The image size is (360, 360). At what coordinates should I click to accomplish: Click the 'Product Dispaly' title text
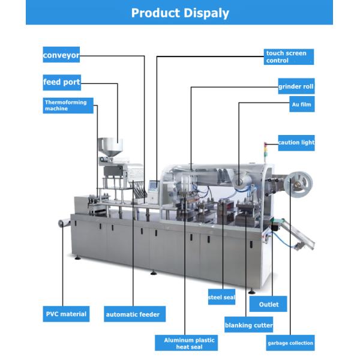click(x=180, y=13)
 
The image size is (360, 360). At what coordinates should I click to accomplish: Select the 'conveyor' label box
click(x=61, y=55)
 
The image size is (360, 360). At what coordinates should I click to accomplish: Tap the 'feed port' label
click(x=62, y=82)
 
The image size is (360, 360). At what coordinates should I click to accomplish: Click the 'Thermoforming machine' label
click(x=68, y=106)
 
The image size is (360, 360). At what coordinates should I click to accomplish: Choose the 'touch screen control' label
click(x=289, y=57)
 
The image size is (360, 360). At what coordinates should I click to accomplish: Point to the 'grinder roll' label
click(x=296, y=86)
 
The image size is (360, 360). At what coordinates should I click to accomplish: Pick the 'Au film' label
click(x=302, y=104)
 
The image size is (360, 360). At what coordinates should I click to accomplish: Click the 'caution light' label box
click(x=296, y=143)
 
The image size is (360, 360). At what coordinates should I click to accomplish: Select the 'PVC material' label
click(x=66, y=314)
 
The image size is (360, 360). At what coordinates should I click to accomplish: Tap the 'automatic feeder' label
click(x=134, y=314)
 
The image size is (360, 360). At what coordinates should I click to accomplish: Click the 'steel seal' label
click(x=221, y=297)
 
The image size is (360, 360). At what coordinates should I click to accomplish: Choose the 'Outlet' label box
click(x=268, y=304)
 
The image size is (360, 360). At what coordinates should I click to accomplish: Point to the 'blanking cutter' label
click(x=248, y=325)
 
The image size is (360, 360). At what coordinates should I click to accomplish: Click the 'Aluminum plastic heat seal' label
click(x=186, y=343)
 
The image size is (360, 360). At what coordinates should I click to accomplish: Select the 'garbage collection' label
click(x=290, y=343)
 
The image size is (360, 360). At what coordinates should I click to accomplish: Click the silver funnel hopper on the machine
click(x=110, y=148)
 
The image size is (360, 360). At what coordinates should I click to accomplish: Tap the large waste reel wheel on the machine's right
click(x=298, y=184)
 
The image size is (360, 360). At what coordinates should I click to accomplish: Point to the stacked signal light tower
click(x=265, y=152)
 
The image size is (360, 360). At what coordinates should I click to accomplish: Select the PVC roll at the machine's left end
click(x=62, y=223)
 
